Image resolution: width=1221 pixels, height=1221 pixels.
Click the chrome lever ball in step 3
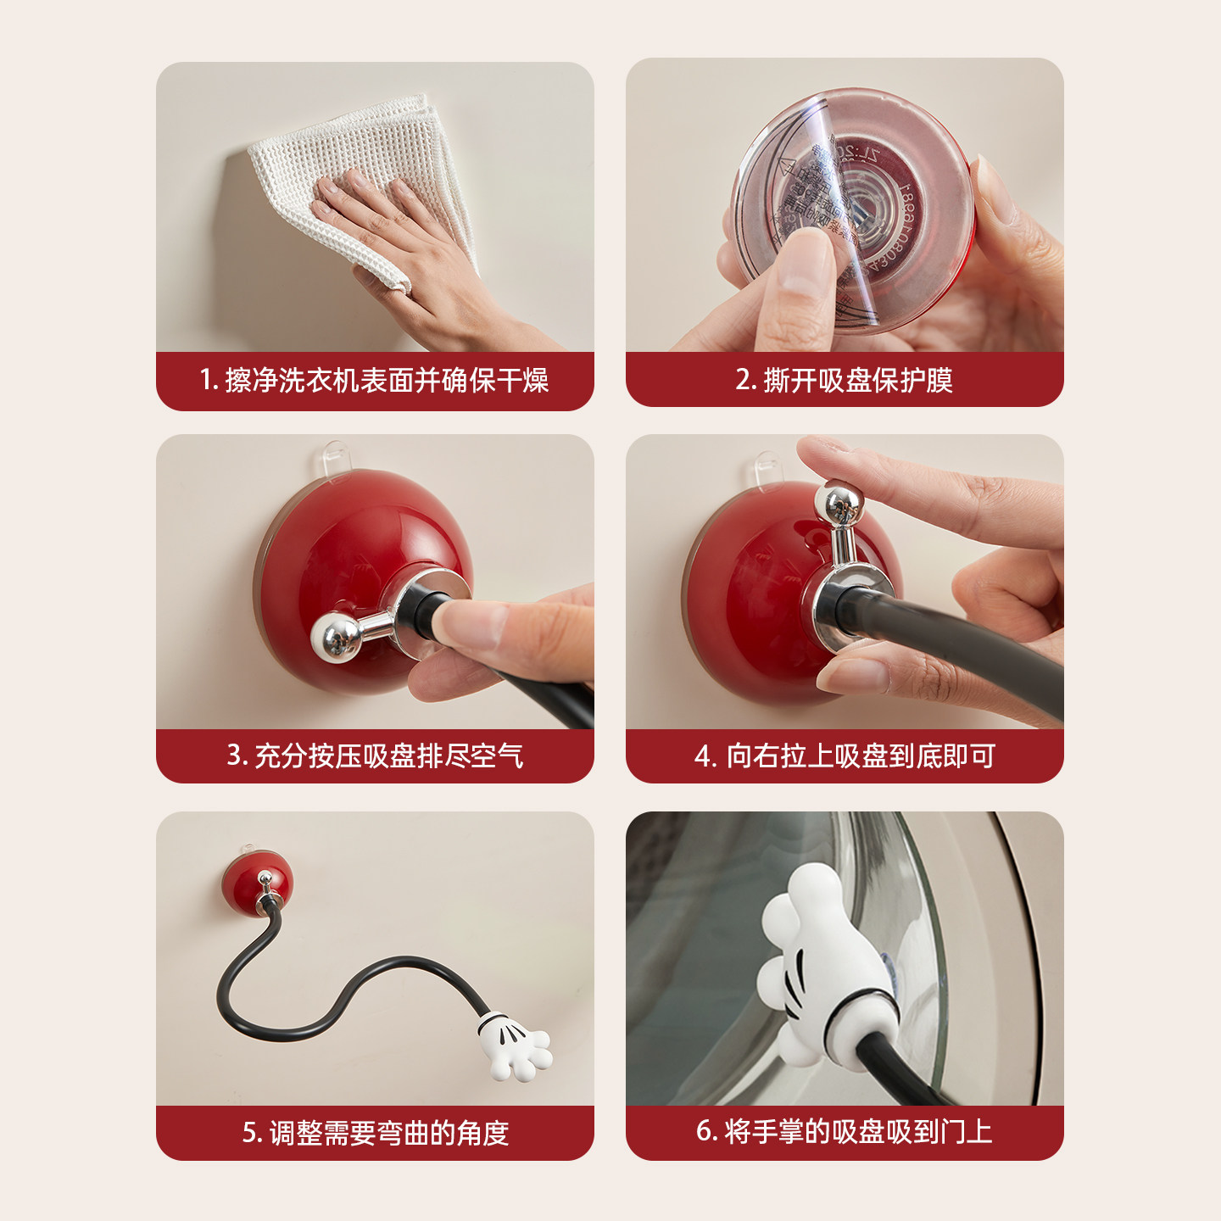(334, 638)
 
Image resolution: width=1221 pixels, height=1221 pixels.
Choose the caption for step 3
(375, 755)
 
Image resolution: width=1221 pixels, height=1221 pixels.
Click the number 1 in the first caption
(205, 380)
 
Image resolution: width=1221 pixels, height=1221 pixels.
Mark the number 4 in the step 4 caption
(702, 755)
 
